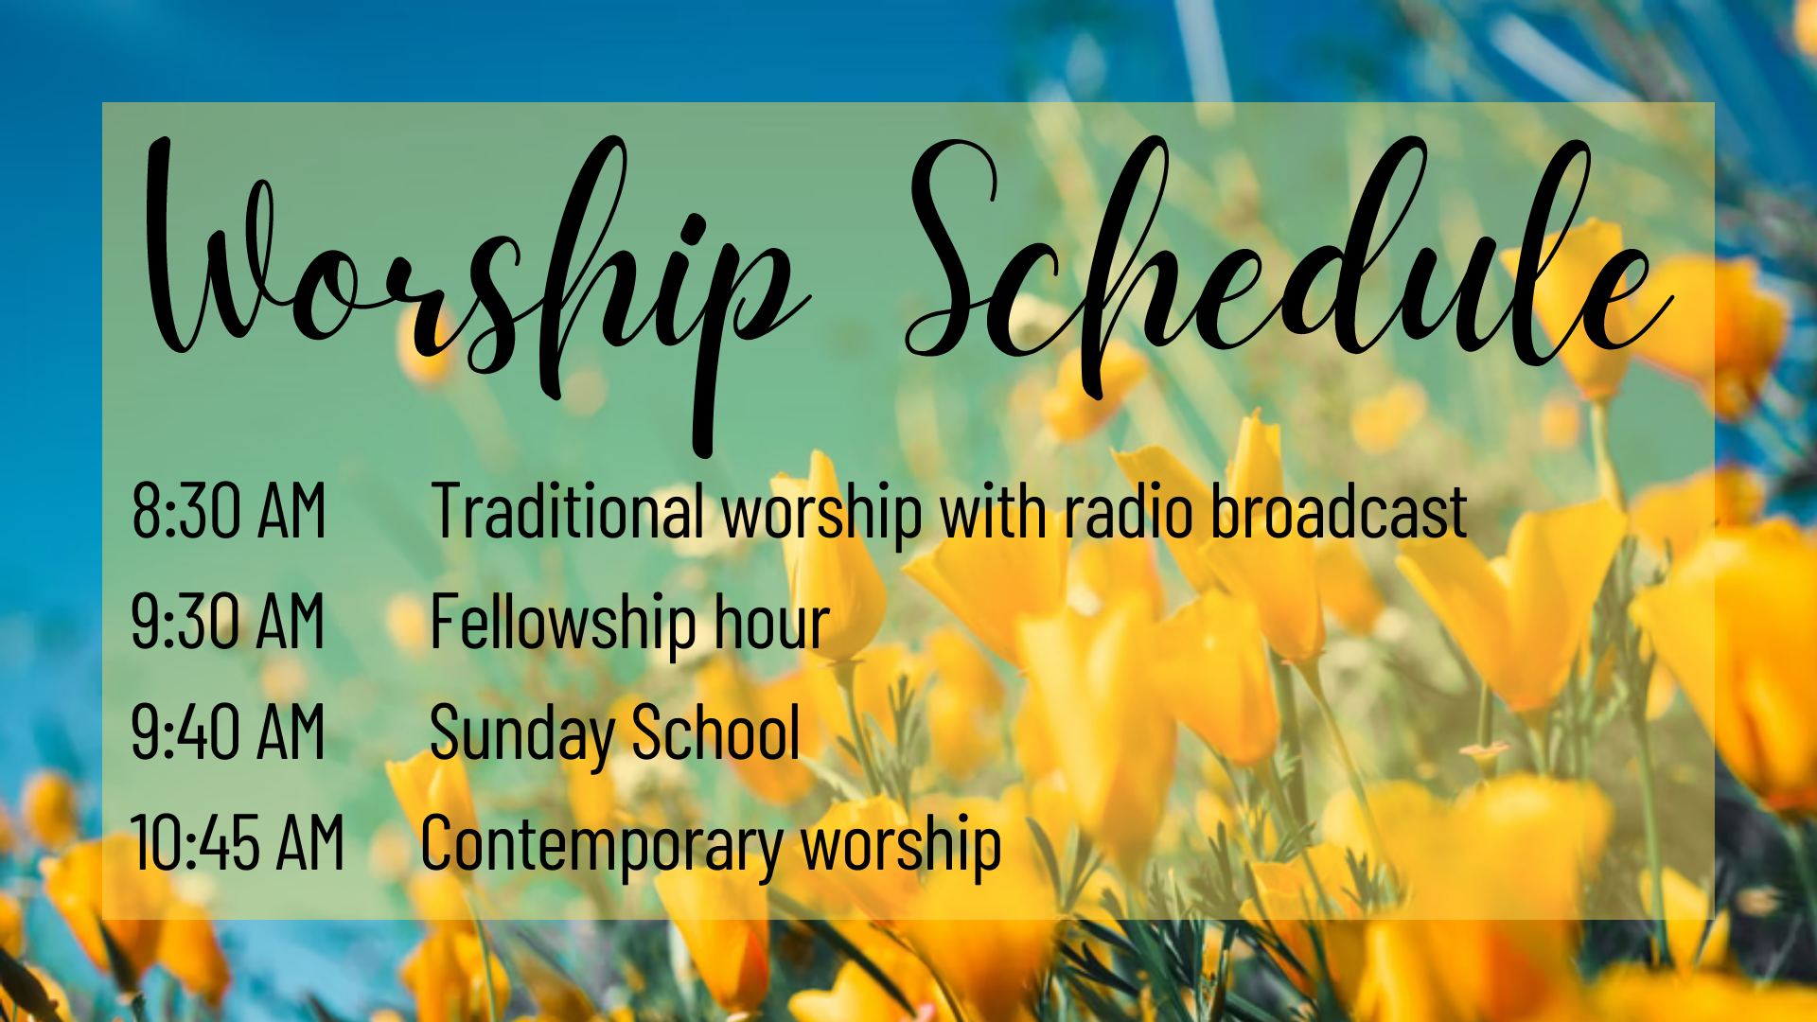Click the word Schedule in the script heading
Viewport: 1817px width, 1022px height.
(x=1287, y=255)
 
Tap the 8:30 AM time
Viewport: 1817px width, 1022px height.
(x=229, y=511)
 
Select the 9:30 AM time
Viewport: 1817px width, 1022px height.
(x=228, y=621)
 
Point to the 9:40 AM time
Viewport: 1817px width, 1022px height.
(x=228, y=731)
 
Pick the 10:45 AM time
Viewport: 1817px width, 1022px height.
(x=238, y=842)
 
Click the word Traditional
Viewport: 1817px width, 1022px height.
(x=568, y=511)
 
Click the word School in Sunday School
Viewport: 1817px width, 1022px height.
(x=715, y=731)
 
